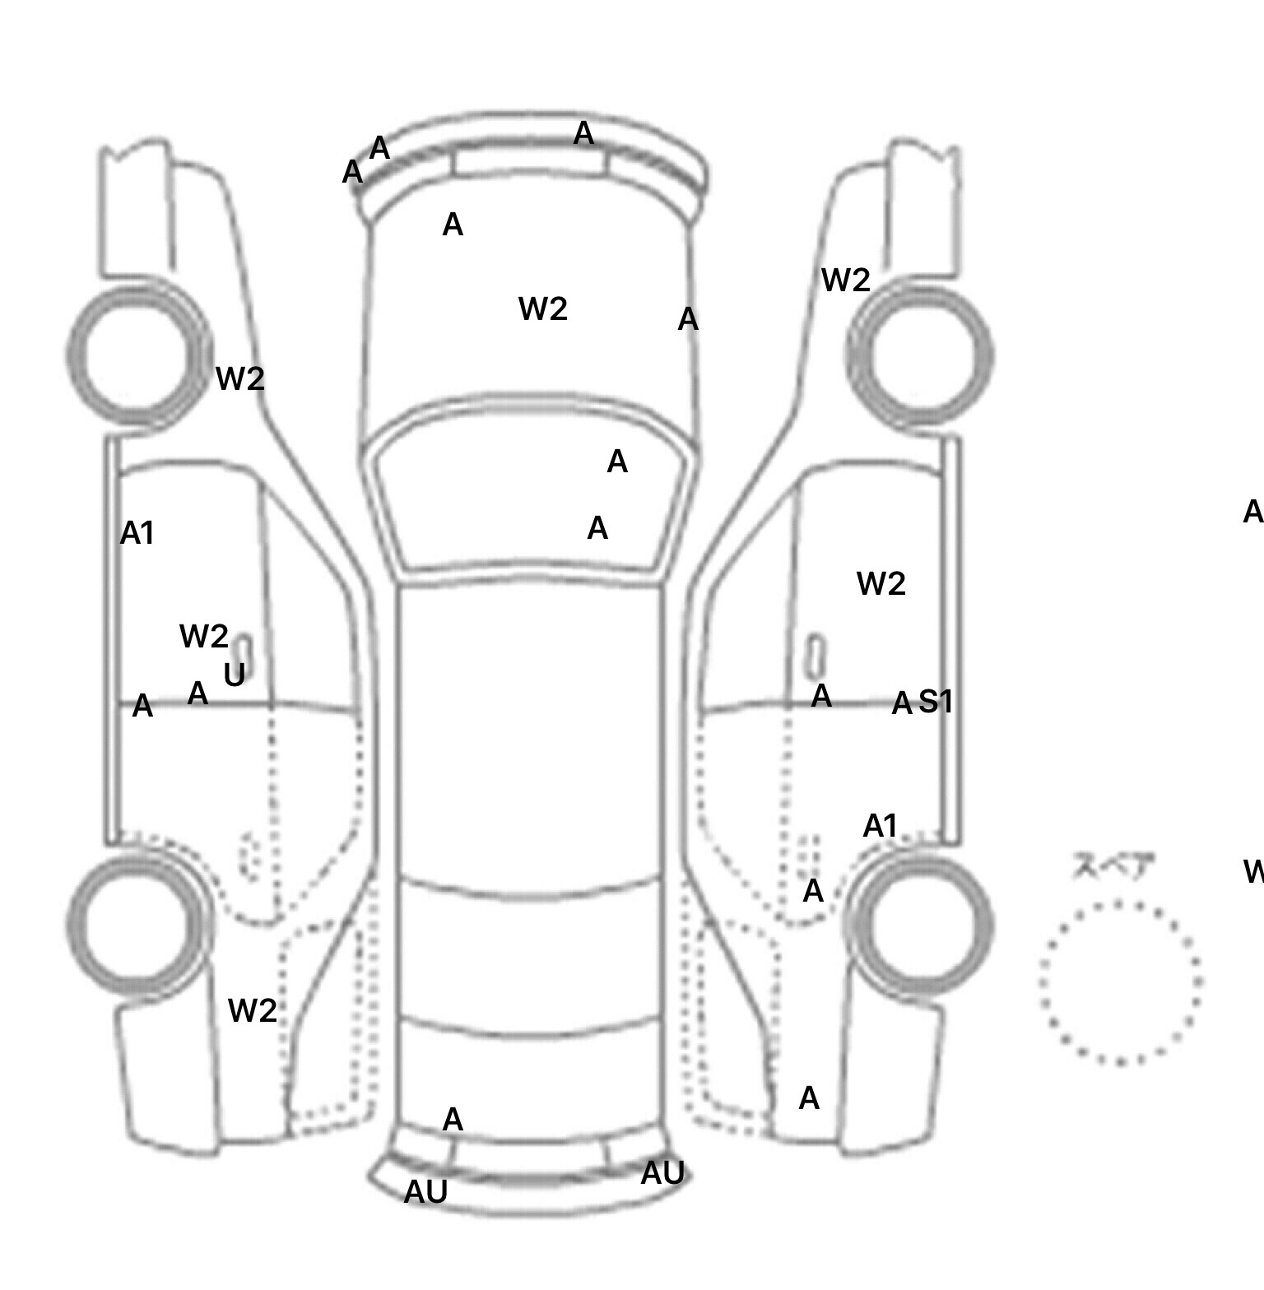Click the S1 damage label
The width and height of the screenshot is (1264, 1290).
936,702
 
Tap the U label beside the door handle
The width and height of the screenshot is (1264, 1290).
235,675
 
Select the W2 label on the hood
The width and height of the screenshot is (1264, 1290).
543,309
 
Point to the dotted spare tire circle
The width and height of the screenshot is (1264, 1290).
1120,982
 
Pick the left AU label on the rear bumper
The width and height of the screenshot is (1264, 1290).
425,1192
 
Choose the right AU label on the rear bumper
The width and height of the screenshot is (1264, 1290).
662,1173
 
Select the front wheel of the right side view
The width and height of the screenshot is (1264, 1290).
920,356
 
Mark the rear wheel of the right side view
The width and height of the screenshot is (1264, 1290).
920,924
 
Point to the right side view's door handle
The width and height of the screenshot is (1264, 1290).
816,654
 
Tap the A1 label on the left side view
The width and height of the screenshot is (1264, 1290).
137,534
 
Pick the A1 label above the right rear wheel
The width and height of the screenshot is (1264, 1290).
880,826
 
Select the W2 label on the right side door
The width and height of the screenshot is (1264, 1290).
881,584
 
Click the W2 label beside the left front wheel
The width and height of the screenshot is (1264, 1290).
240,379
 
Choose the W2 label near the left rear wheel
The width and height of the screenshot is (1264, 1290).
252,1011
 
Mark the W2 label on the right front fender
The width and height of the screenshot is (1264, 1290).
846,281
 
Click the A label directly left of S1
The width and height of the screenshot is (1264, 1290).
902,704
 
